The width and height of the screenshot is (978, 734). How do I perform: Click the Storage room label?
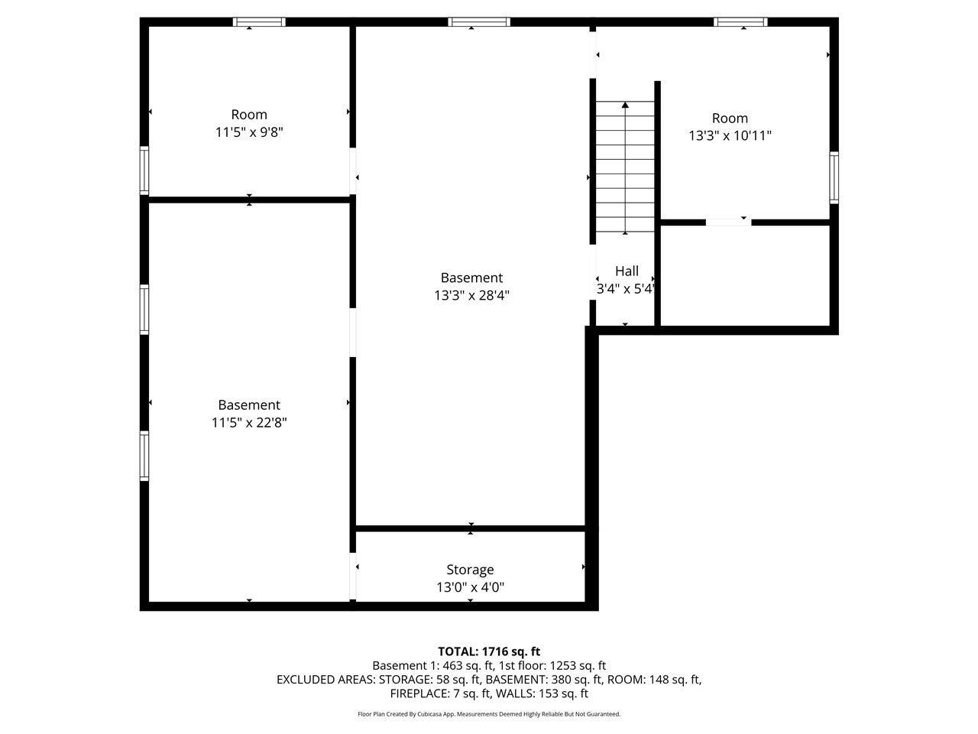pos(470,570)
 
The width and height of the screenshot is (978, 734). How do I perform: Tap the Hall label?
pos(627,271)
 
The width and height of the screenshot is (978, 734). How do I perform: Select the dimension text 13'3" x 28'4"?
pos(471,296)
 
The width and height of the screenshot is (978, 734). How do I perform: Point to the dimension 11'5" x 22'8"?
pos(249,423)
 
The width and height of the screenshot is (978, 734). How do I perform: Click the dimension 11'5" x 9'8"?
pos(249,132)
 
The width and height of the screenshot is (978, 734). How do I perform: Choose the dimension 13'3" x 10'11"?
pos(730,136)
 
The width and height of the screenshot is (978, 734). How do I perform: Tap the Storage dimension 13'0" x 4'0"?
pos(470,588)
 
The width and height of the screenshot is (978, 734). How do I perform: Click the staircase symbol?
pos(625,168)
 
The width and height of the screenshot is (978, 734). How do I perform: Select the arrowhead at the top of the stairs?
pos(625,105)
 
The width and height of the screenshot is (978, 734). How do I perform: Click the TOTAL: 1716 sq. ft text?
pos(489,651)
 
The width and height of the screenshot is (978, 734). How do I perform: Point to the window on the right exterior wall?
pos(834,177)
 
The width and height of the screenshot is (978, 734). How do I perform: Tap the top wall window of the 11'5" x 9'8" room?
pos(259,22)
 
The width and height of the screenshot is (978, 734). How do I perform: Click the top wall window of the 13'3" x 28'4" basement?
pos(479,22)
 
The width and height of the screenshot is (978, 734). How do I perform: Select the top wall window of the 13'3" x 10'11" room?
pos(740,22)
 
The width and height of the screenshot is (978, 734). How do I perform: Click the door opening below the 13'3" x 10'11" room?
pos(728,222)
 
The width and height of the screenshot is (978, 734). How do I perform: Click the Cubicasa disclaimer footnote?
pos(489,714)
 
